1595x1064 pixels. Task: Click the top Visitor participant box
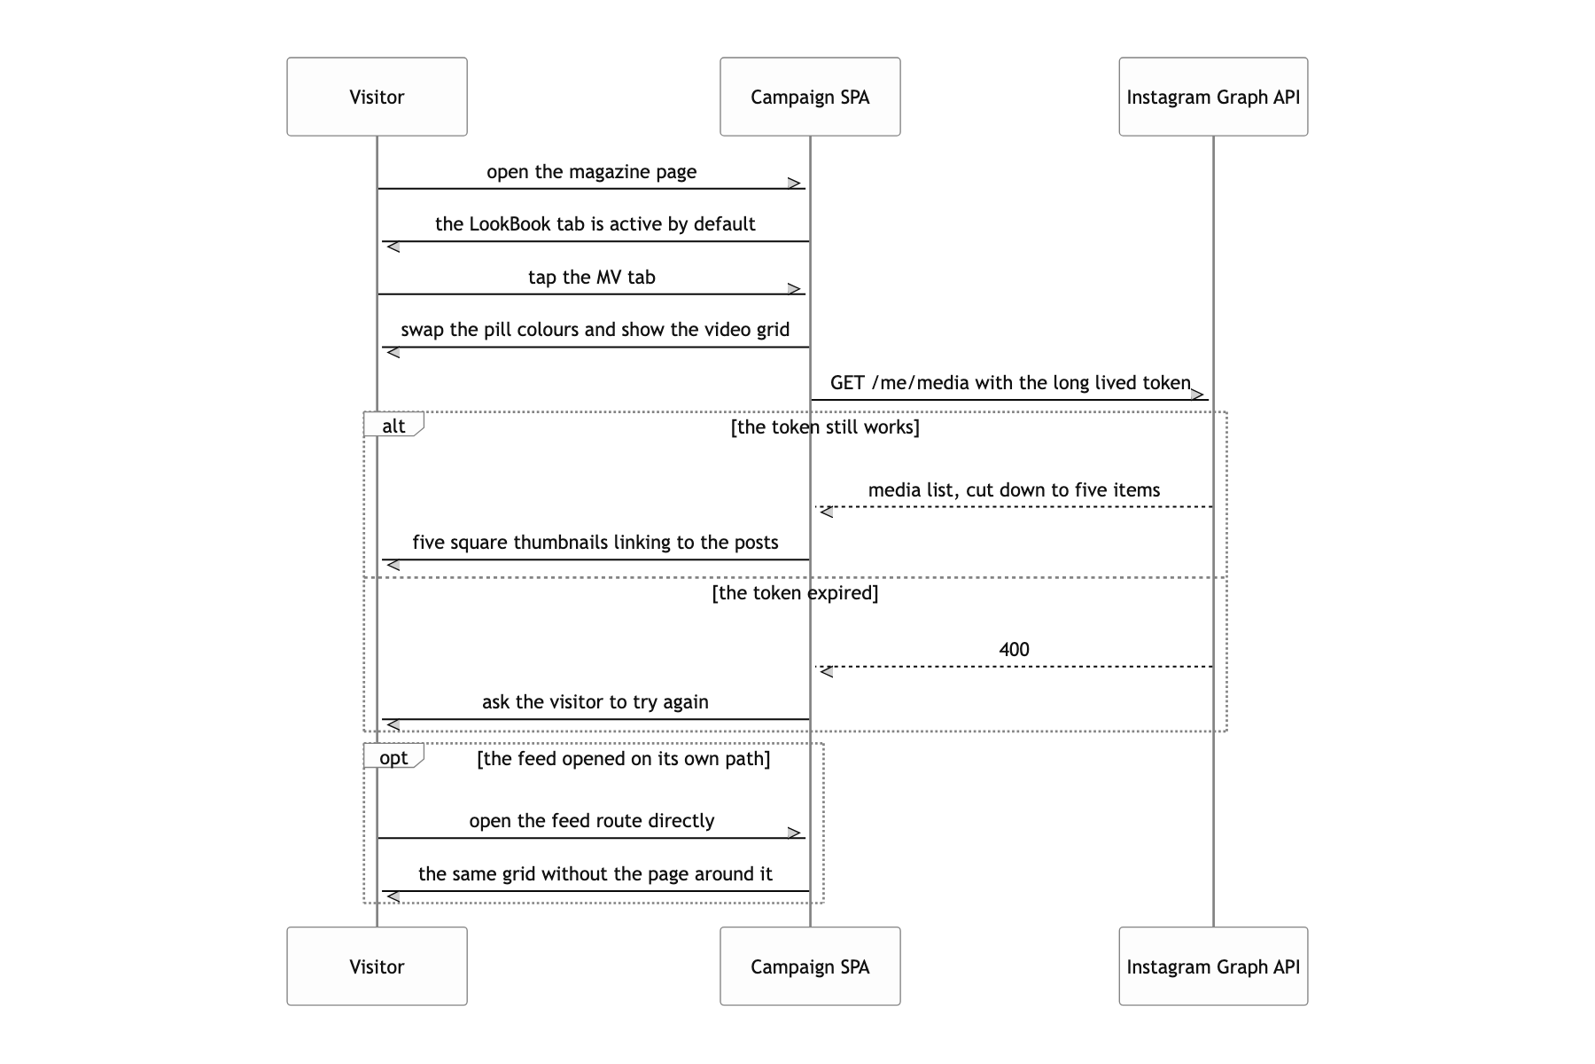pyautogui.click(x=377, y=97)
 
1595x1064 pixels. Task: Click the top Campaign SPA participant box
pyautogui.click(x=810, y=97)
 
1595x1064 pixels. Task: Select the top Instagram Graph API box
pyautogui.click(x=1213, y=97)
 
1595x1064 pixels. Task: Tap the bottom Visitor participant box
pyautogui.click(x=377, y=966)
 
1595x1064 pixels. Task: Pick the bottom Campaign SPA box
pyautogui.click(x=810, y=966)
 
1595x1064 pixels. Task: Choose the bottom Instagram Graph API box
pyautogui.click(x=1213, y=966)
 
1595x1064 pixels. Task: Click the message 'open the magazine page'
pyautogui.click(x=592, y=172)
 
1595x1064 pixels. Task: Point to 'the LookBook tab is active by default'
pyautogui.click(x=595, y=224)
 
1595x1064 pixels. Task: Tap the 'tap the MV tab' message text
pyautogui.click(x=592, y=278)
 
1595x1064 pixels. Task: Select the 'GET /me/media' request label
pyautogui.click(x=1010, y=383)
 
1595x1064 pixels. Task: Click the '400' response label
pyautogui.click(x=1014, y=649)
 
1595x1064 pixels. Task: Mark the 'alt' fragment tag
pyautogui.click(x=393, y=426)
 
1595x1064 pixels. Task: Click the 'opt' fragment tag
pyautogui.click(x=393, y=757)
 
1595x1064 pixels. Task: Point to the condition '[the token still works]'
pyautogui.click(x=825, y=427)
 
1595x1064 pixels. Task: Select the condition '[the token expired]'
pyautogui.click(x=795, y=593)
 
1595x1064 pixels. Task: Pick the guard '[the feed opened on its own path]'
pyautogui.click(x=624, y=759)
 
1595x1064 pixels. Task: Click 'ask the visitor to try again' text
pyautogui.click(x=595, y=702)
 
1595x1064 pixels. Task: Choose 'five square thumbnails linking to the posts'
pyautogui.click(x=595, y=543)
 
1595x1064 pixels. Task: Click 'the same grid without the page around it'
pyautogui.click(x=595, y=874)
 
